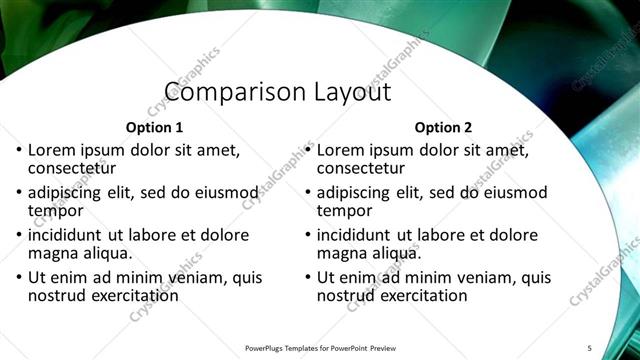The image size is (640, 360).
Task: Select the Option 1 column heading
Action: click(154, 128)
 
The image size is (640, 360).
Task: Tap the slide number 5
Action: click(589, 347)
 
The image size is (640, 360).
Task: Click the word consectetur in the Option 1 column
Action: click(72, 168)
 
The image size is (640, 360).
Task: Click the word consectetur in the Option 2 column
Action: click(361, 168)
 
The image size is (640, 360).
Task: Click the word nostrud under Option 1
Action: click(57, 296)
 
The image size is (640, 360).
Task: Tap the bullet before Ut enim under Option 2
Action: click(309, 278)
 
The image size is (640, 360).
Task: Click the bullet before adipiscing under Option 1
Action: click(20, 193)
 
